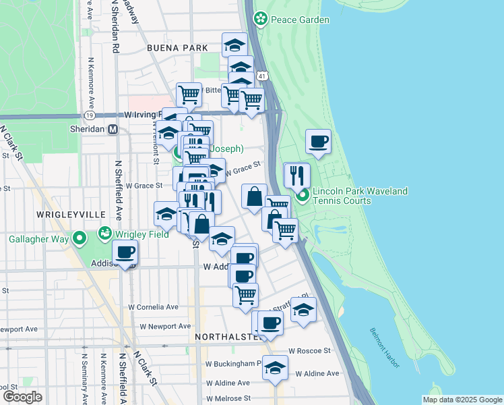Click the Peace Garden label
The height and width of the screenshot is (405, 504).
pos(300,20)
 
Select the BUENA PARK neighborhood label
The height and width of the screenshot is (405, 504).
pos(175,49)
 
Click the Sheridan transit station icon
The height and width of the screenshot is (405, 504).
pos(113,130)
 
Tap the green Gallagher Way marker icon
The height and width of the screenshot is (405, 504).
pos(80,238)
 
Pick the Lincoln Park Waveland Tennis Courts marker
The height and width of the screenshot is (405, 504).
pos(303,196)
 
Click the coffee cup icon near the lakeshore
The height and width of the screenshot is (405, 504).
pos(319,142)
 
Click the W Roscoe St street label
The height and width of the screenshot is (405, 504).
pos(309,351)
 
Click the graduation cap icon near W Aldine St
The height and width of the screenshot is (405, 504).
pos(275,369)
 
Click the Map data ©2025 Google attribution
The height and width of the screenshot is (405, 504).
pos(462,399)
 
